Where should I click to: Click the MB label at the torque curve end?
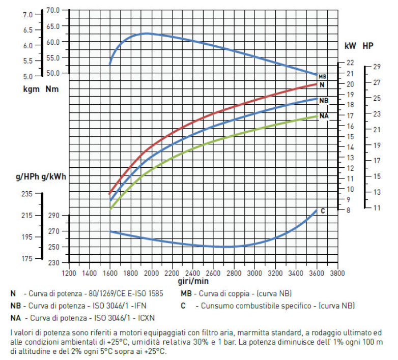click(322, 76)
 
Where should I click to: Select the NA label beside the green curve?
click(324, 116)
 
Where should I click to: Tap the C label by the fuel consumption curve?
click(323, 210)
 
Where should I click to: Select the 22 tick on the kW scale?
click(350, 63)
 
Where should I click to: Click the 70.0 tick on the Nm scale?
click(52, 10)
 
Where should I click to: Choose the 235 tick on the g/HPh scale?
click(26, 194)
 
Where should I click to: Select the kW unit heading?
click(350, 46)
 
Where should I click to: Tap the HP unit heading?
click(368, 46)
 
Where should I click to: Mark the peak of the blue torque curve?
click(146, 34)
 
